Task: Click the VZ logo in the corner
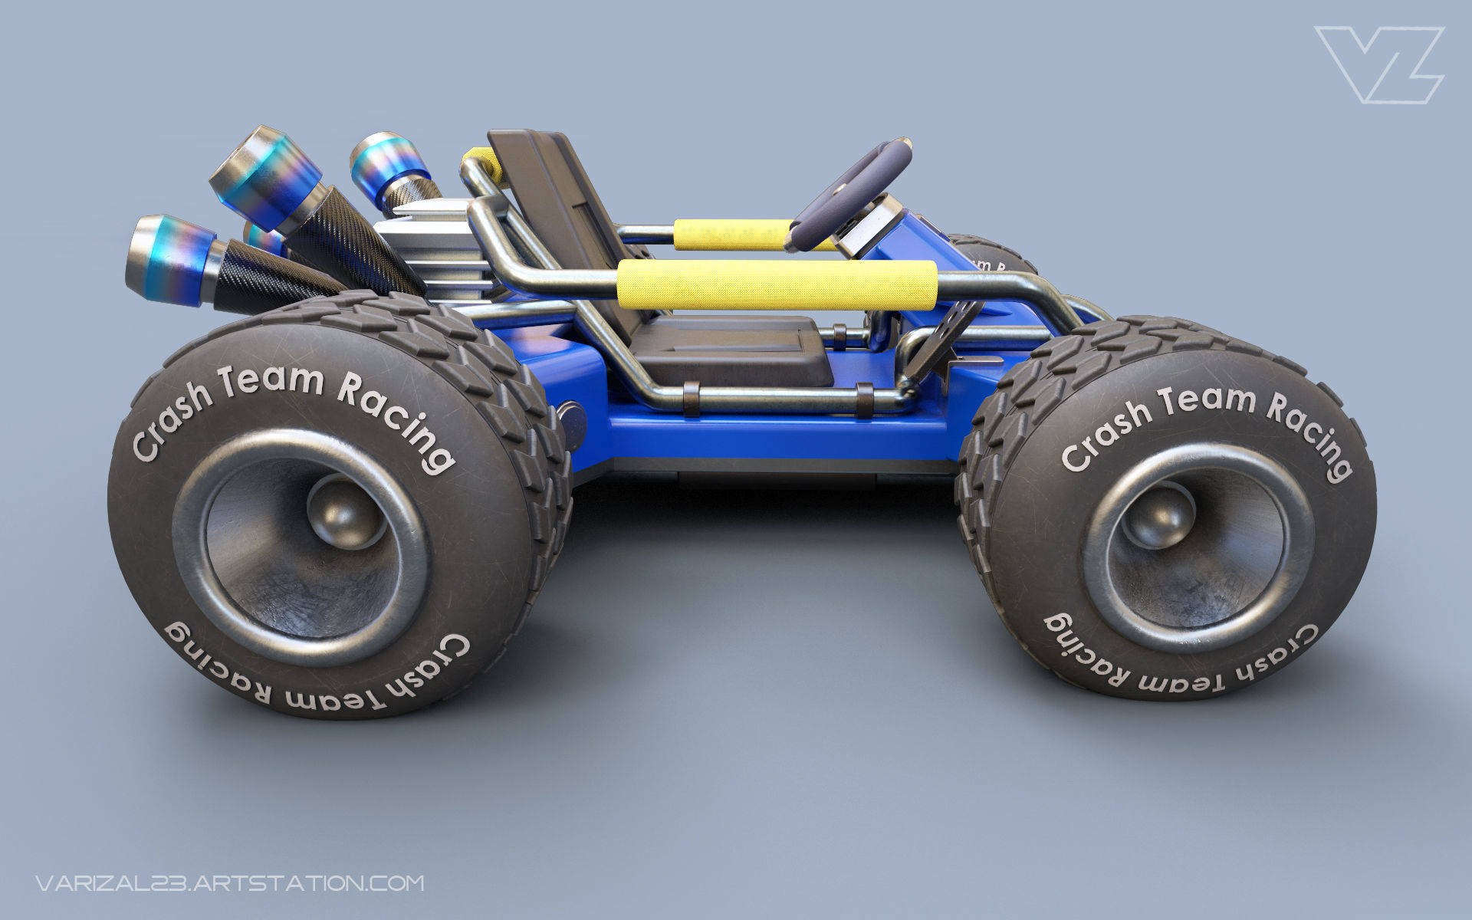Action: [x=1378, y=64]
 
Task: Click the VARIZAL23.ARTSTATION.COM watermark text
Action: [x=229, y=882]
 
